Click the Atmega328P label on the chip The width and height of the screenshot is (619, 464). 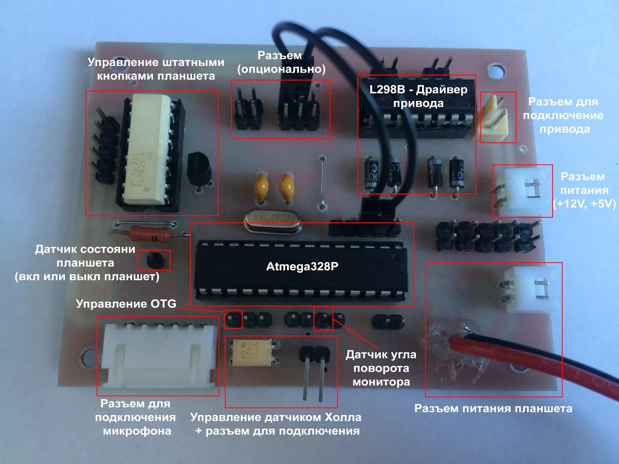(x=302, y=266)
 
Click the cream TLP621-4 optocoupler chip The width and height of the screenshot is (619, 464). (x=147, y=150)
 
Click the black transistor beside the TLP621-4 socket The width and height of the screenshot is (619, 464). (x=198, y=169)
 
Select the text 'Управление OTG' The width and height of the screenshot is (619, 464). (x=126, y=304)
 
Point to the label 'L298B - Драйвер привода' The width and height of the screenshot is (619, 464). (x=418, y=96)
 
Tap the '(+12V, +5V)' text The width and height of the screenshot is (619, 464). (x=584, y=204)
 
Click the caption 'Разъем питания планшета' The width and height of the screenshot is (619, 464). (x=493, y=409)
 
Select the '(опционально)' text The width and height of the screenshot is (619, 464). (x=281, y=69)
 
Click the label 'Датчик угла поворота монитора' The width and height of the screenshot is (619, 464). (x=381, y=368)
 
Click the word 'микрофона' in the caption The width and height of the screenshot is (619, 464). (x=137, y=431)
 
